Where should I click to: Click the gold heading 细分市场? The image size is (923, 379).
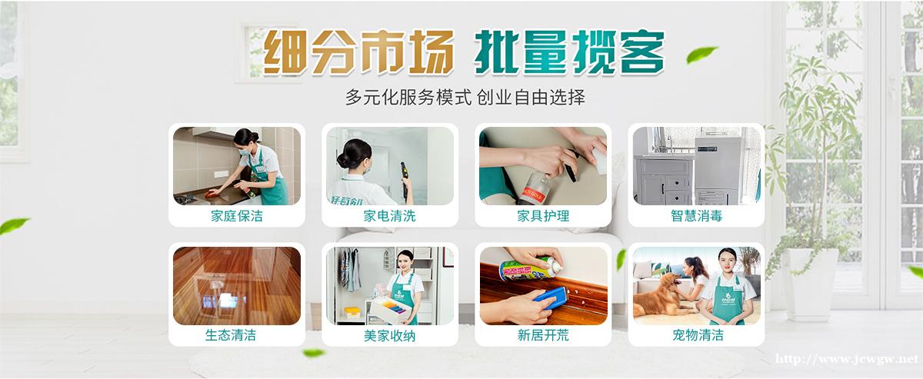point(358,52)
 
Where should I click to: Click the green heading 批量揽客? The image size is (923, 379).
point(569,52)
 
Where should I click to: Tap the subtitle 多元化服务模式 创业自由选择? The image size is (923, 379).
point(465,98)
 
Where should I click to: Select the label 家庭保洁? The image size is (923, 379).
point(237,216)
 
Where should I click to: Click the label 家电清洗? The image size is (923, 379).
point(390,216)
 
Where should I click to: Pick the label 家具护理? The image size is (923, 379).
point(543,216)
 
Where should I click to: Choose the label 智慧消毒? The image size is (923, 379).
point(696,216)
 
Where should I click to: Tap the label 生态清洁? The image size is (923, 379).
point(230,335)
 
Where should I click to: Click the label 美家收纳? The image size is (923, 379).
point(390,336)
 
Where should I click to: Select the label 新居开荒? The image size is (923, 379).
point(543,335)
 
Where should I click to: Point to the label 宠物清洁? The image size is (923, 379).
point(698,335)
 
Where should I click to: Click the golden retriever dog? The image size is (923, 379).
point(660,296)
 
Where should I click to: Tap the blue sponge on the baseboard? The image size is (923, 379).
point(551,298)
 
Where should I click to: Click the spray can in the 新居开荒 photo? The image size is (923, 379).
point(530,270)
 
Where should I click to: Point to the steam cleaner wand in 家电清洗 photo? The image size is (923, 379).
point(405,181)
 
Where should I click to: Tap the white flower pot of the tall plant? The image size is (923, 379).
point(810,284)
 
